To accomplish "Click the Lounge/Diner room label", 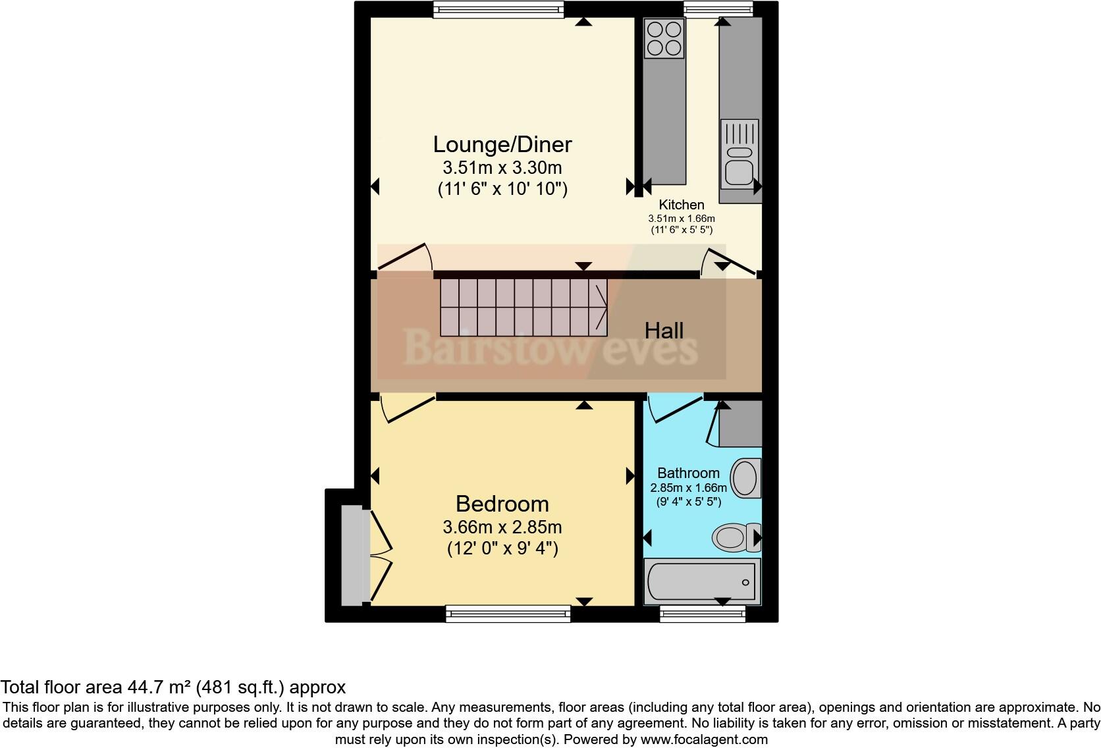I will pos(502,144).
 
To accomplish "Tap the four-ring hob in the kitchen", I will pos(664,38).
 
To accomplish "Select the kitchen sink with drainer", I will pos(739,153).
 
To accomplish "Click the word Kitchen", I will pos(682,205).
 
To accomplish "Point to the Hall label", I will pos(664,331).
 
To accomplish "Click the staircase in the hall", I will pos(524,307).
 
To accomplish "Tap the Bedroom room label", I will pos(502,504).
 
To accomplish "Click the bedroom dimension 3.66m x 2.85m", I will pos(502,527).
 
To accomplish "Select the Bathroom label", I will pos(688,473).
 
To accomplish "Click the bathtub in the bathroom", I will pos(702,582).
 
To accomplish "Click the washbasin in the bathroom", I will pos(745,478).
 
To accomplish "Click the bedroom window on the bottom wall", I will pos(508,614).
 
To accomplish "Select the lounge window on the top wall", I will pos(498,9).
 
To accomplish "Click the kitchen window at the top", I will pos(718,9).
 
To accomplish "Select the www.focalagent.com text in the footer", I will pos(703,739).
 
